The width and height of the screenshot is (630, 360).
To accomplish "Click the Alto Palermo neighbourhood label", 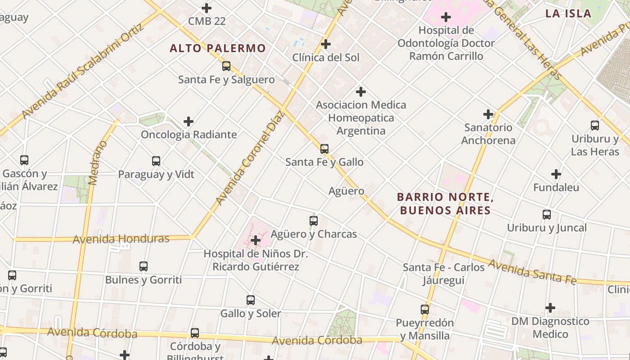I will point(218,48).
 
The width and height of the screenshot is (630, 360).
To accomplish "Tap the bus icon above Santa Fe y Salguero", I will point(226,66).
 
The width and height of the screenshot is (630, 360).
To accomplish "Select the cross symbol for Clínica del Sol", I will point(326,44).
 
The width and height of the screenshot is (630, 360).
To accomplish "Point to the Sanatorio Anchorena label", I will point(488,134).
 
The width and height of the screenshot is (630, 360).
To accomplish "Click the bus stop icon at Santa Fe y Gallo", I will point(324,148).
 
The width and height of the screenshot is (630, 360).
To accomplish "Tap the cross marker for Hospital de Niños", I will point(256,240).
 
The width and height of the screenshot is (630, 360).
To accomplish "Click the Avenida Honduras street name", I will point(121,238).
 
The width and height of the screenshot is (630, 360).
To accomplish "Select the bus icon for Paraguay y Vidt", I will point(156,161).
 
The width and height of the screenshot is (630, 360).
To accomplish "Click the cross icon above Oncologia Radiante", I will point(189,121).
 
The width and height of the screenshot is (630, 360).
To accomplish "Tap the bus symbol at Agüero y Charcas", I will point(314,220).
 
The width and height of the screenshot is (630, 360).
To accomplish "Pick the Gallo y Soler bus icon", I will point(251,300).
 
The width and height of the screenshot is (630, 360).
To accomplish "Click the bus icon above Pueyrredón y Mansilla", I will point(425,309).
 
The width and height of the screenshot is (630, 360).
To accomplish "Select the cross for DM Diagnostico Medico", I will point(550,308).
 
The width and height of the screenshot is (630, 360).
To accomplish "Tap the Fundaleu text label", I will point(556,187).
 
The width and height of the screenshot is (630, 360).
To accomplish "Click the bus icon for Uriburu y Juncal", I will point(547,214).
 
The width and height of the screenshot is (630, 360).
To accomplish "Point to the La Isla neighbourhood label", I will point(568,13).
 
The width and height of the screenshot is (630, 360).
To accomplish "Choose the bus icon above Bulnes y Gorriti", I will point(144,266).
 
